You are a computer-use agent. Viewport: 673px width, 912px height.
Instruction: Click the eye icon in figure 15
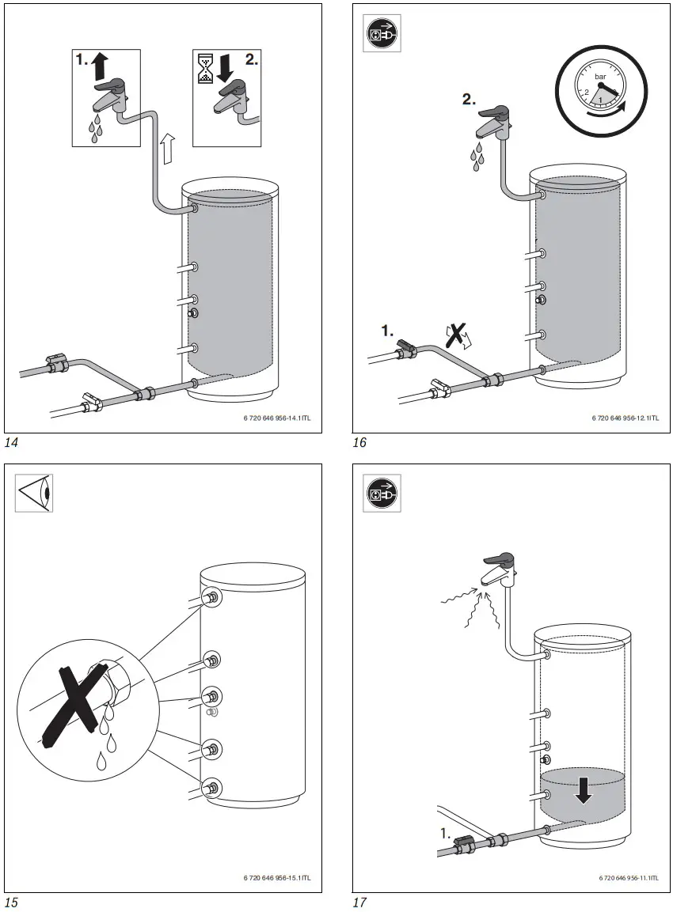(x=34, y=493)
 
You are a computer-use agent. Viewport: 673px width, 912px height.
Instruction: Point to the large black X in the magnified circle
(x=71, y=705)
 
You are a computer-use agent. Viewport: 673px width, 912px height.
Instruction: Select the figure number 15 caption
(x=11, y=902)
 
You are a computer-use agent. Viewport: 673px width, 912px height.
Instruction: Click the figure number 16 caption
(x=359, y=443)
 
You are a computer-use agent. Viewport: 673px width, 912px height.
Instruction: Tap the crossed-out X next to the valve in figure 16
(x=455, y=336)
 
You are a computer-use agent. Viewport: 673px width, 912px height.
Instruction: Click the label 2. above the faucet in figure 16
(x=470, y=100)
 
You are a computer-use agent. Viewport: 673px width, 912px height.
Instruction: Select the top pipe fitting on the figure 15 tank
(x=211, y=597)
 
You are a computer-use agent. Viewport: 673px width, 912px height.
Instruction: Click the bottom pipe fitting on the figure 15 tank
(x=211, y=787)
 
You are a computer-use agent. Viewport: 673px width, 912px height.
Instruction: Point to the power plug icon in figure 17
(x=382, y=493)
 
